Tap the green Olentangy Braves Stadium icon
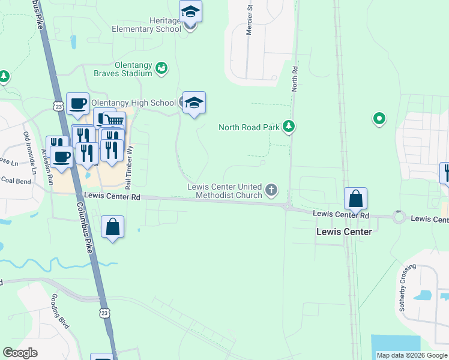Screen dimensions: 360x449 point(161,68)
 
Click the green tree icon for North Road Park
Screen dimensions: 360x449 point(289,127)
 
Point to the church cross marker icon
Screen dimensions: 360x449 point(271,190)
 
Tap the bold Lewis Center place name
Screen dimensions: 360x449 point(344,232)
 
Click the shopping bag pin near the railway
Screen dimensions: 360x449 point(355,199)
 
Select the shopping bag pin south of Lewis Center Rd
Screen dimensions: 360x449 point(112,227)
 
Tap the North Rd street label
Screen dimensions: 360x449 point(295,79)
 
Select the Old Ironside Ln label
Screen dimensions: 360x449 point(29,150)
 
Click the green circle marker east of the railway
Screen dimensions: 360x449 point(379,119)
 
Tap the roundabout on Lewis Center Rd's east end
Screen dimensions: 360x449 point(399,217)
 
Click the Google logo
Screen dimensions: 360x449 point(20,353)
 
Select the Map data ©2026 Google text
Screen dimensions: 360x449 point(411,355)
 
